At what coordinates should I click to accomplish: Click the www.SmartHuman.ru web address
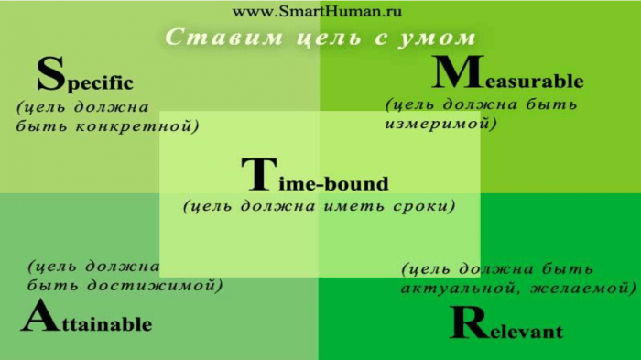pyautogui.click(x=317, y=13)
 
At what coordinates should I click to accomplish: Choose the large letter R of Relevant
pyautogui.click(x=468, y=323)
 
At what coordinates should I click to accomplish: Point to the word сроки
pyautogui.click(x=418, y=206)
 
